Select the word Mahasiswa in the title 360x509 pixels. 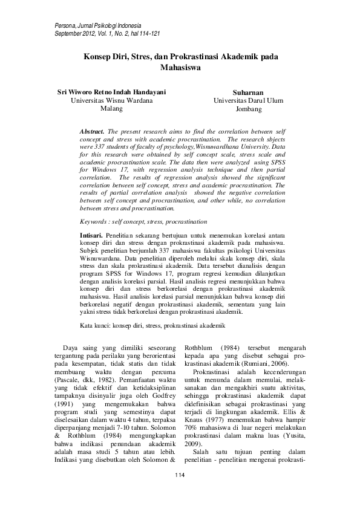[180, 68]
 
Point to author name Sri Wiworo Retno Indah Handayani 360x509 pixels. [111, 92]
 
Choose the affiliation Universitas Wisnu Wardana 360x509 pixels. [111, 101]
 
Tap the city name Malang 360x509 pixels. [111, 109]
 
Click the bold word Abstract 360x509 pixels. [93, 131]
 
